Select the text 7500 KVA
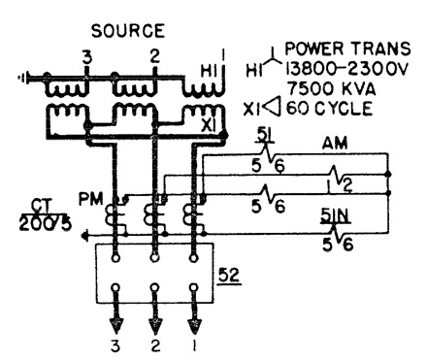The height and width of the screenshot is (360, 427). click(330, 88)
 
